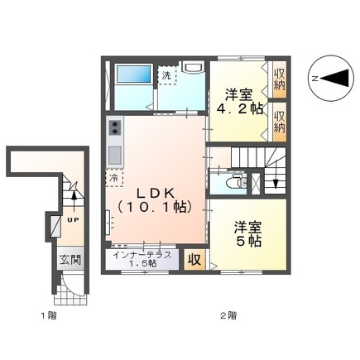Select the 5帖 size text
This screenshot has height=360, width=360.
(247, 241)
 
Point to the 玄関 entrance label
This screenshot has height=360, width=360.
(70, 259)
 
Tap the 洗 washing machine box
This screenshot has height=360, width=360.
(168, 76)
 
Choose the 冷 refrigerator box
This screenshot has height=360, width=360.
(112, 176)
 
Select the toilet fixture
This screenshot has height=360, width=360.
(234, 182)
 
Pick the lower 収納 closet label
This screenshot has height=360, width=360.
(279, 121)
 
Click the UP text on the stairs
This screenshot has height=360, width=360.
(71, 220)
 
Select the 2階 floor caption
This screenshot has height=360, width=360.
(228, 315)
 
